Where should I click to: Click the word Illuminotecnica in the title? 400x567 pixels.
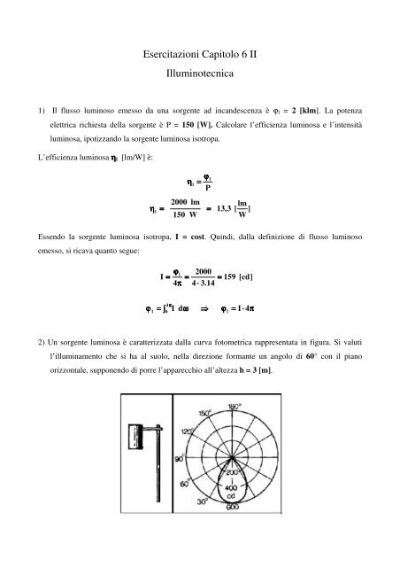click(x=199, y=79)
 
